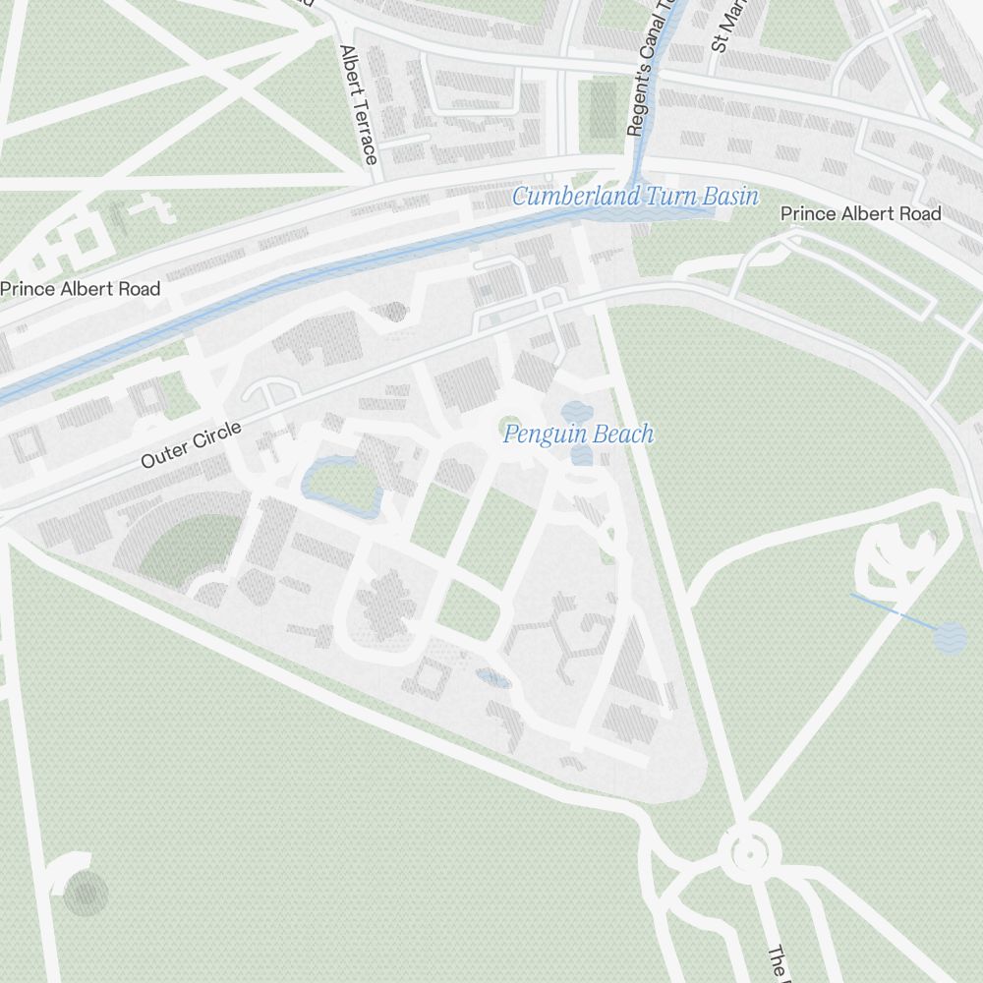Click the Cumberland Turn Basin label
(635, 196)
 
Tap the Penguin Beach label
(578, 434)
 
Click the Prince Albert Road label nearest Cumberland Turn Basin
(860, 213)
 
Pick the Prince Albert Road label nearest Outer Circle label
(80, 289)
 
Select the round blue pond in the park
(950, 639)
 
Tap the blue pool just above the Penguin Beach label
(574, 411)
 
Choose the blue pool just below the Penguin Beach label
(581, 455)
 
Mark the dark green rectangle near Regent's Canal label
(602, 108)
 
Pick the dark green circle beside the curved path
(86, 895)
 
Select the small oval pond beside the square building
(491, 678)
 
